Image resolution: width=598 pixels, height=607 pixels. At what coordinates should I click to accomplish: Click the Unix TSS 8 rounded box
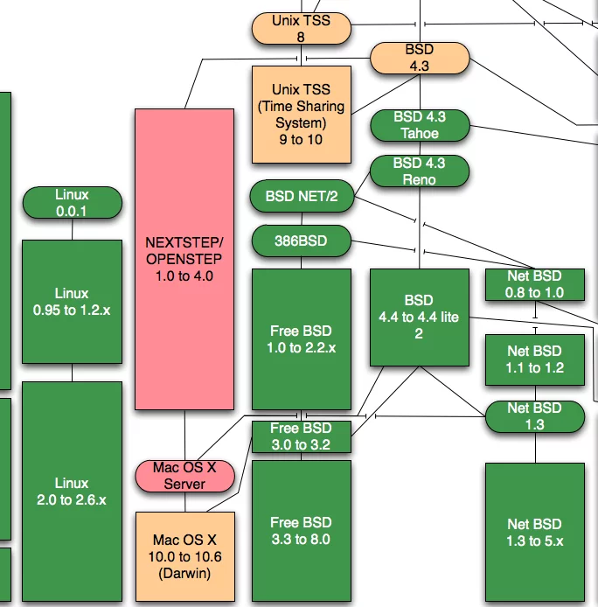click(302, 27)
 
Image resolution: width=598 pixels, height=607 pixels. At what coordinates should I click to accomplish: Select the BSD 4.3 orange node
click(420, 58)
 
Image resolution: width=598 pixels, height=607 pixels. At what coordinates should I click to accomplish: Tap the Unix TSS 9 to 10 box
click(302, 115)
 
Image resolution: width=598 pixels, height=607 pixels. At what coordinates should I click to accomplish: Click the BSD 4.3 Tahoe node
click(420, 125)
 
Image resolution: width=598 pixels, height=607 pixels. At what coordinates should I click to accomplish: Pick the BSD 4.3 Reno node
click(420, 171)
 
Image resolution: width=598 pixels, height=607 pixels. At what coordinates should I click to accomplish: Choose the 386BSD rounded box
click(302, 239)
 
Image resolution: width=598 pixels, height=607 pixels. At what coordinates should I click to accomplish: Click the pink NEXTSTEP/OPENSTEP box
click(184, 259)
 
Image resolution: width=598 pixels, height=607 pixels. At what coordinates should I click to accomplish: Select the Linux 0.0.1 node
click(72, 202)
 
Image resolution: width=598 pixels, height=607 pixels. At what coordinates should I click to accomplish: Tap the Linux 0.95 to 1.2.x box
click(72, 302)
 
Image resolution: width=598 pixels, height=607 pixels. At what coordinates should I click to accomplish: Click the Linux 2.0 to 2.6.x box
click(72, 491)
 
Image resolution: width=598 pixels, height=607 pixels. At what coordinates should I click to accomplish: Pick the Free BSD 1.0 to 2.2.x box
click(302, 339)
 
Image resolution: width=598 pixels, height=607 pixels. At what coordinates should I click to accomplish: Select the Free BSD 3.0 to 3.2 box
click(302, 436)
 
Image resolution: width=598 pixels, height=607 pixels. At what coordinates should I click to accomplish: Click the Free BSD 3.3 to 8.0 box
click(302, 531)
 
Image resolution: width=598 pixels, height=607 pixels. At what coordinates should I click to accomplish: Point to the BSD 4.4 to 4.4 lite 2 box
click(420, 317)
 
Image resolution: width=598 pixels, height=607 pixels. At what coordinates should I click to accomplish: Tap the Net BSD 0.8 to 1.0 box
click(535, 285)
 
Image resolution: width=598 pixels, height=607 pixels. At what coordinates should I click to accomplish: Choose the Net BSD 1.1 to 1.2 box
click(535, 359)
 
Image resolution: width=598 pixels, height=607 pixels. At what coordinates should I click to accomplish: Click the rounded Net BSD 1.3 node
click(535, 416)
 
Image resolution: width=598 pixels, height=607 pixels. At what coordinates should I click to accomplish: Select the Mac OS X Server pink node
click(184, 476)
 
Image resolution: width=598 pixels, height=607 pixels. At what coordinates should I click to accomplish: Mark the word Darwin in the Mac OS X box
click(184, 574)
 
